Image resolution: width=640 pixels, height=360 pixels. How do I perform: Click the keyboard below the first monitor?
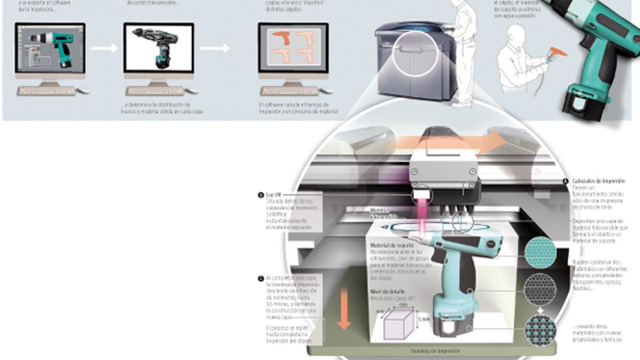pos(47,91)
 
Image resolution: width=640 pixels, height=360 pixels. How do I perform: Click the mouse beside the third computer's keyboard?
pos(326,91)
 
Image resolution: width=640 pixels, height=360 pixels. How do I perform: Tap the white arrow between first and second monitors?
pos(104,49)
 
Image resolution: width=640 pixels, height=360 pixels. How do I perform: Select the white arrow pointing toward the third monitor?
pos(215,49)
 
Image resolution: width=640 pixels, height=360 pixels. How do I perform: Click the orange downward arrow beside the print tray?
pos(344,309)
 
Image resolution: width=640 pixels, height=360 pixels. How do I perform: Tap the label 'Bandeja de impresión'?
pos(436,350)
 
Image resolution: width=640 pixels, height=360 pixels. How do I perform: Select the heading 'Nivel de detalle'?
pos(388,292)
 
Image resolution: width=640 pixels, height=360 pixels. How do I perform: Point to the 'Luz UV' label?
pos(274,195)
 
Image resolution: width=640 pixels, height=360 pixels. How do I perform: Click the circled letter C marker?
pos(260,278)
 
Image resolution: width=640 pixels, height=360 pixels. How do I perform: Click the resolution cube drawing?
pos(398,323)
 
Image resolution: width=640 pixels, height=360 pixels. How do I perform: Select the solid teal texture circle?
pos(540,252)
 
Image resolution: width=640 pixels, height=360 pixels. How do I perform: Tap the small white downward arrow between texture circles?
pos(540,309)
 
